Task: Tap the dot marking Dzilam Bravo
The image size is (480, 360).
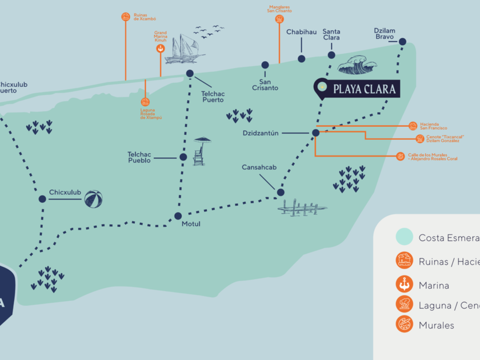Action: tap(402, 42)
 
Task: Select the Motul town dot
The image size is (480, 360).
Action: tap(178, 216)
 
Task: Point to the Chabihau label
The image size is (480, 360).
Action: tap(301, 32)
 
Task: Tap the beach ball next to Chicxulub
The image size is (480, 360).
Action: tap(94, 199)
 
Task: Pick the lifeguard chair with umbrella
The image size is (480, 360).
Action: tap(200, 151)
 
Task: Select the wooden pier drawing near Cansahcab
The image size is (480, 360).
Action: tap(301, 207)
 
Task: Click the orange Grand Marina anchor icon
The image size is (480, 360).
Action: tap(161, 49)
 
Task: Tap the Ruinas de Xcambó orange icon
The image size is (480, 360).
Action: tap(126, 17)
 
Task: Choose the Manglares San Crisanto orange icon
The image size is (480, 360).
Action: tap(279, 19)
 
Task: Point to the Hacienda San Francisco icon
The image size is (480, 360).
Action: tap(413, 126)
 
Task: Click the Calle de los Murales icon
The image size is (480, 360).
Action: tap(401, 156)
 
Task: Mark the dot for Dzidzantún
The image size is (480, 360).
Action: tap(315, 133)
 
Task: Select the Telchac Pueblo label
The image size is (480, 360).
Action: tap(139, 157)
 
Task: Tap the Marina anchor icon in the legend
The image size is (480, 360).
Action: tap(404, 285)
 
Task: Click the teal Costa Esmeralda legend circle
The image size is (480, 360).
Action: tap(404, 237)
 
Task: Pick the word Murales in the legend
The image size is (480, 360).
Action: tap(437, 325)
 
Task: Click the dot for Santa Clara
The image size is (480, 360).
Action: tap(331, 55)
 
